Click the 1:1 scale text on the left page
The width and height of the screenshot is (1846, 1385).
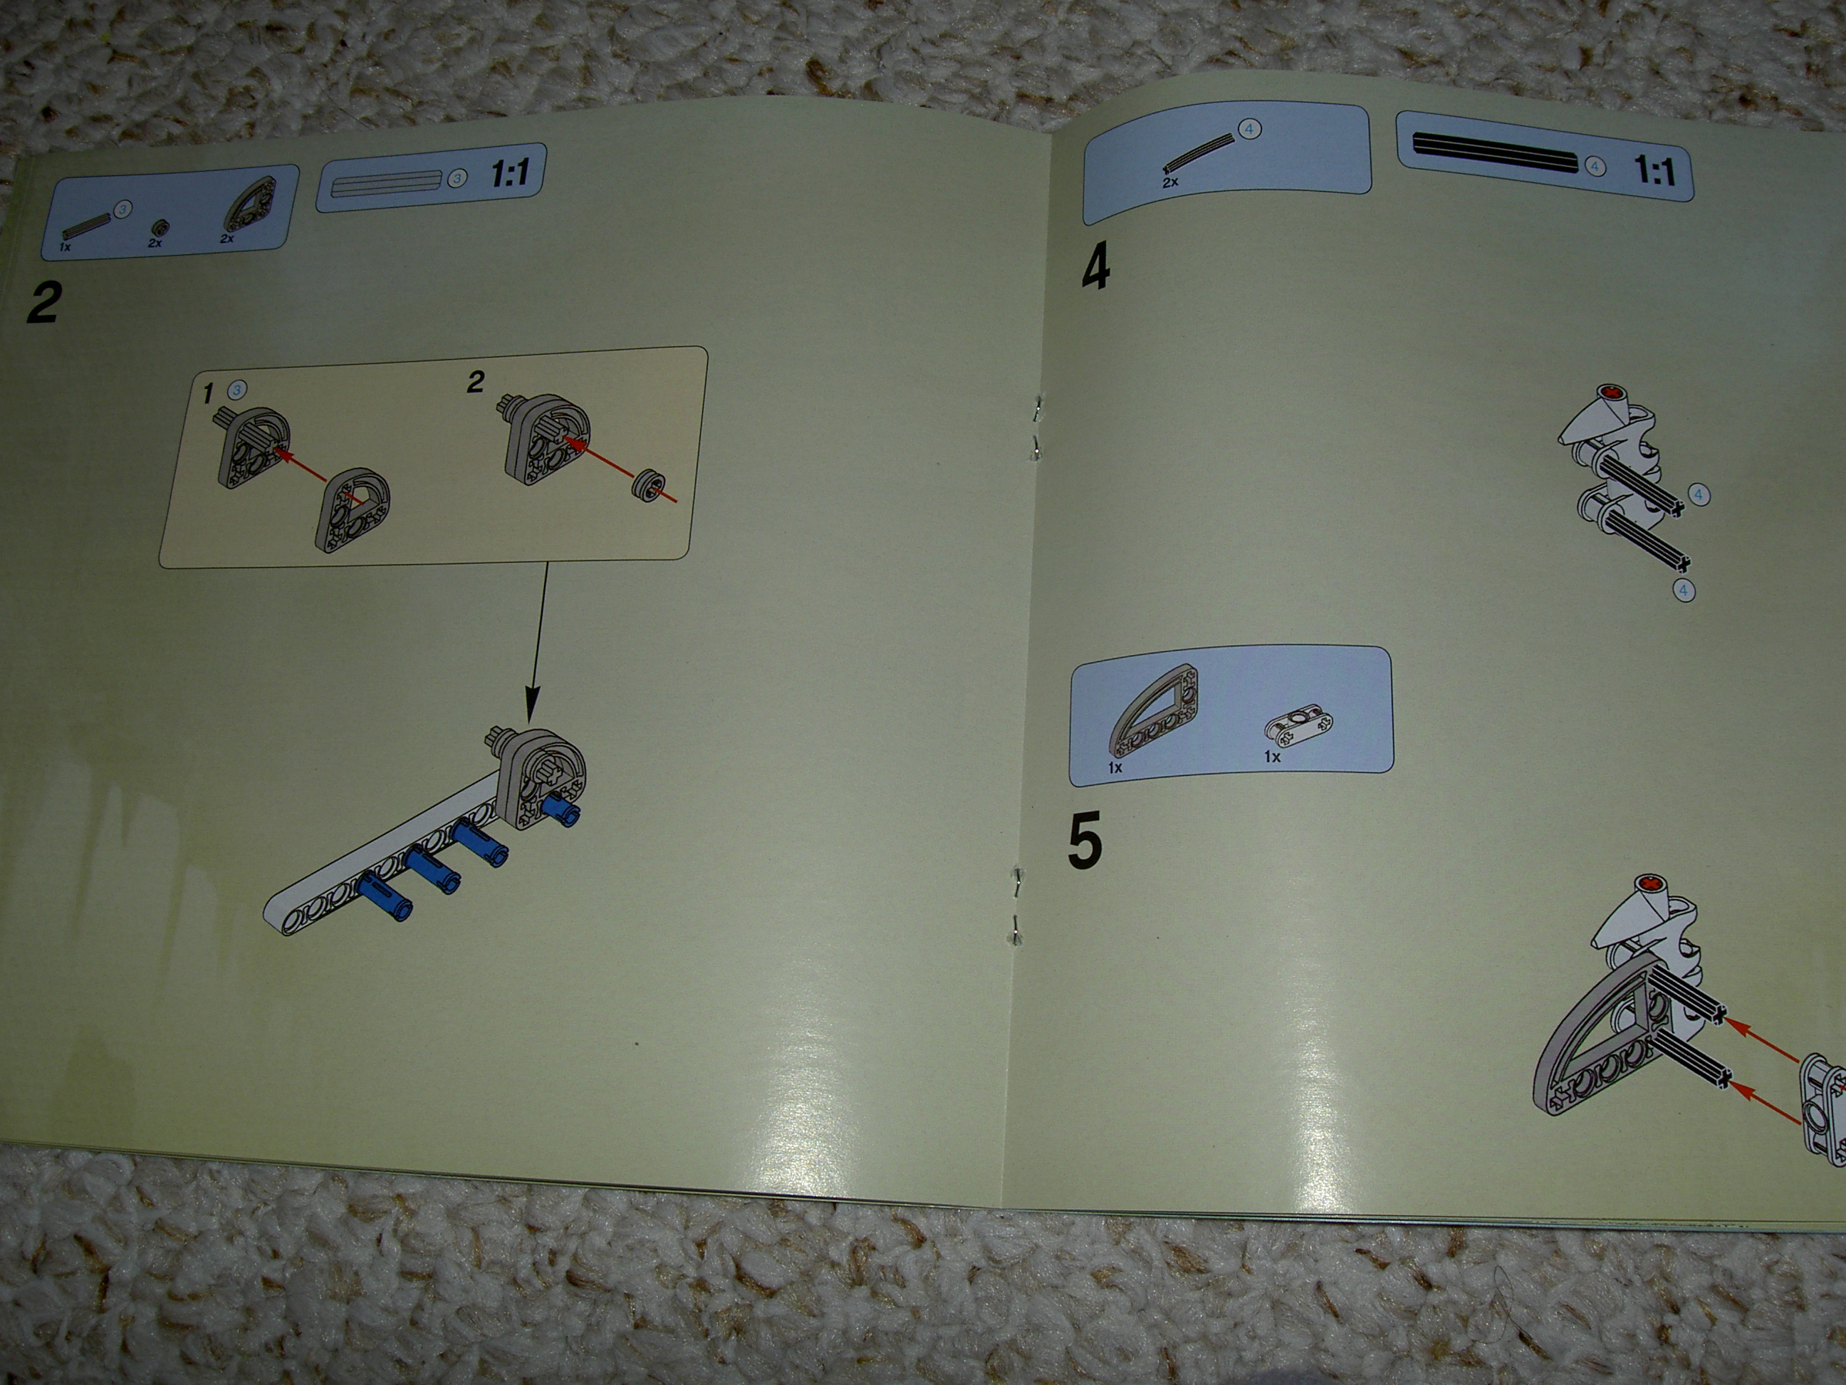(509, 174)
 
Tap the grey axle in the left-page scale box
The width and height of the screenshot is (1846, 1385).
(385, 183)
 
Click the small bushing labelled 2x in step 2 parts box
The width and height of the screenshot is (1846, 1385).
(157, 227)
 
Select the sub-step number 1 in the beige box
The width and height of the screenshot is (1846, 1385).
(209, 393)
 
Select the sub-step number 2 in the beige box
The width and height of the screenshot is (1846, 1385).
(476, 383)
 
